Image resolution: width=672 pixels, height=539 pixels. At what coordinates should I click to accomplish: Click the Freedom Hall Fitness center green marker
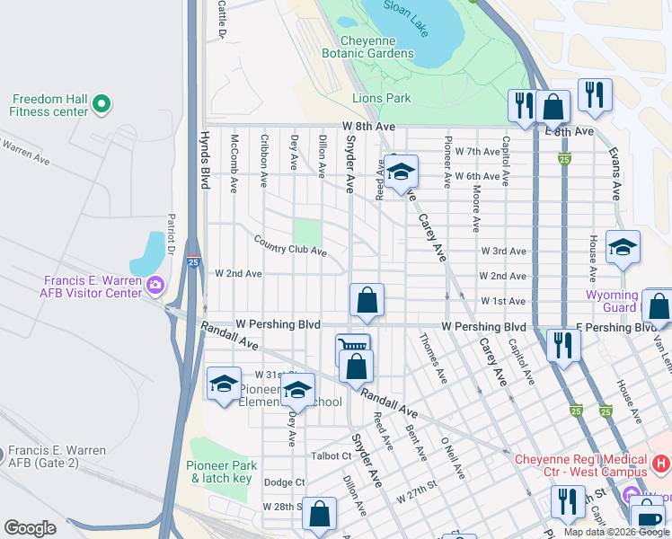tap(102, 105)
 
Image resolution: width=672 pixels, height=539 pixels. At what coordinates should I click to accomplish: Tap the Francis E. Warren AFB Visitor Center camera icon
tap(155, 286)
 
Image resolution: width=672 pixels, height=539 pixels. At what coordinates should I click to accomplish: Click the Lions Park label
tap(382, 99)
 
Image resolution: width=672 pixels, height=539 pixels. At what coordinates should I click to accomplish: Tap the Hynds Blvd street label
tap(204, 162)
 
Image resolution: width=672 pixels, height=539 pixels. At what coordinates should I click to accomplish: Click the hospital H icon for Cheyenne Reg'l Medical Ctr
tap(660, 464)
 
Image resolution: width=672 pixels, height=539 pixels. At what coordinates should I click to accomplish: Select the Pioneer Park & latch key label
tap(222, 472)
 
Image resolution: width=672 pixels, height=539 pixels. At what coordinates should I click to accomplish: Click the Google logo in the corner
tap(30, 528)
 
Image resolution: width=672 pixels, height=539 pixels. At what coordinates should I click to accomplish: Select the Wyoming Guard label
tap(611, 301)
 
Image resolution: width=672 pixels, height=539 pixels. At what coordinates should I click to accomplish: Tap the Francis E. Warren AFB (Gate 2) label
tap(59, 456)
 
